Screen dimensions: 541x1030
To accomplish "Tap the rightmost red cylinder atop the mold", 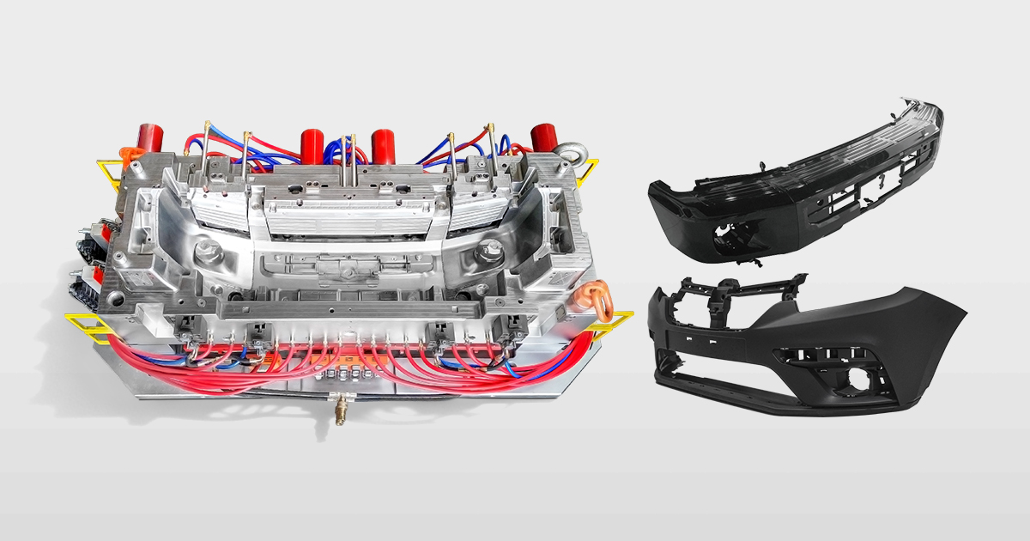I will point(542,137).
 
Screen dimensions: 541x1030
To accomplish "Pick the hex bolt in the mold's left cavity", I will point(205,255).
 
